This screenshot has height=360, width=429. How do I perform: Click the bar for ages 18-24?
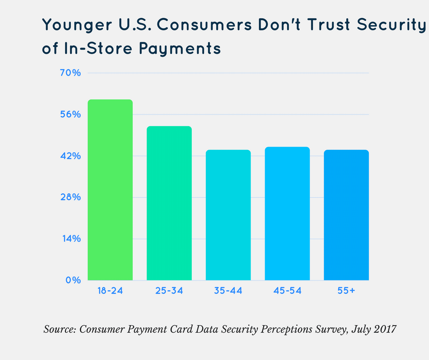coord(110,190)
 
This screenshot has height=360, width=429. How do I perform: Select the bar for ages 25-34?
coord(169,203)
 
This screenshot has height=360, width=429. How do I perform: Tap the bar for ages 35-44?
coord(228,215)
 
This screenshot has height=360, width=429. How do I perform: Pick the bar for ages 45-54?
coord(287,213)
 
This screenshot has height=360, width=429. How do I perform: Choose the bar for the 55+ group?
coord(346,215)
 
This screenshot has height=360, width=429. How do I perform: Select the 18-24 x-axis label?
coord(110,291)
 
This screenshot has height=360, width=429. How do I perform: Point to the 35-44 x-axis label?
coord(228,291)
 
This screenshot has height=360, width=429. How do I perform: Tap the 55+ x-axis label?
coord(346,291)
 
